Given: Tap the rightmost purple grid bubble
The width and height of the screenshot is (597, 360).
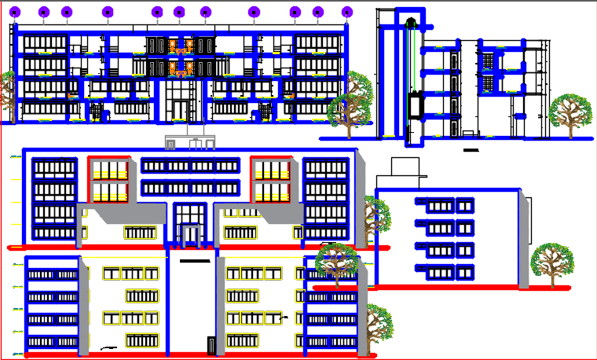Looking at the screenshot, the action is [347, 12].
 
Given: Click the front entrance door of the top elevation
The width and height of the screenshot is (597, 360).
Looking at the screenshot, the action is [181, 109].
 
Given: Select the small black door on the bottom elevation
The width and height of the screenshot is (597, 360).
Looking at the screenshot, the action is [211, 346].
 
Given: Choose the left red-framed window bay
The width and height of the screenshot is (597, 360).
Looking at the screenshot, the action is [109, 180].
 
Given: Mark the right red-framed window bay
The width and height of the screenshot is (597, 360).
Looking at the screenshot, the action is [271, 180].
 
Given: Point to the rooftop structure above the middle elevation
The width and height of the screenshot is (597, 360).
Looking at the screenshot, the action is [189, 142].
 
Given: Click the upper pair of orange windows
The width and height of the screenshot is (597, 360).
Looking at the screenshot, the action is [181, 45].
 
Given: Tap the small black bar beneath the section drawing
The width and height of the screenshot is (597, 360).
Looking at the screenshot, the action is [471, 149].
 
